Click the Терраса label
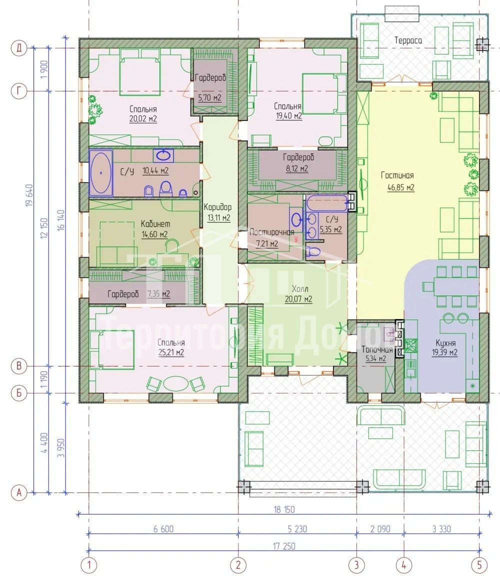[x=408, y=40]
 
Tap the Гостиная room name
[x=397, y=175]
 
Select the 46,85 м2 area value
[x=400, y=187]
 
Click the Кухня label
[x=445, y=343]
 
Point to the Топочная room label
[x=377, y=349]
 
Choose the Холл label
[x=300, y=288]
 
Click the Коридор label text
[x=217, y=207]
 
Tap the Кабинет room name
[x=155, y=224]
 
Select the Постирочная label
[x=271, y=232]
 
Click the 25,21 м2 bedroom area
[x=171, y=352]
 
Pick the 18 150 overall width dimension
[x=284, y=509]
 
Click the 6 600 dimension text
[x=163, y=528]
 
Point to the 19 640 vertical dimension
[x=29, y=195]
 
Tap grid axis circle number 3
[x=356, y=565]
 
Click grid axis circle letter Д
[x=19, y=48]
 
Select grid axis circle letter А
[x=19, y=493]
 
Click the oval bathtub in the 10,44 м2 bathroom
[x=100, y=173]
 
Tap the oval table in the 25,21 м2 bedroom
[x=176, y=383]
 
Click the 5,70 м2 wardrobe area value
[x=209, y=98]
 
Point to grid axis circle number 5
[x=479, y=565]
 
